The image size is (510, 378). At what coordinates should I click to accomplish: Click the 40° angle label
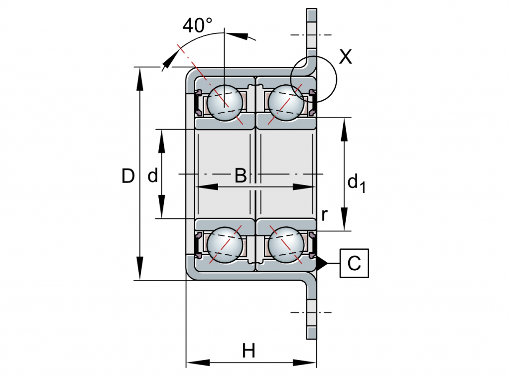click(x=197, y=25)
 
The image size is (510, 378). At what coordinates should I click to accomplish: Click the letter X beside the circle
click(x=345, y=57)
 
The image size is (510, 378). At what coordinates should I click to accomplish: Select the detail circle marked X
click(x=314, y=79)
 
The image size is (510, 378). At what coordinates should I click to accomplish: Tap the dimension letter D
click(x=128, y=176)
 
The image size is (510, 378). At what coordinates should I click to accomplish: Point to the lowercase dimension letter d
click(x=153, y=176)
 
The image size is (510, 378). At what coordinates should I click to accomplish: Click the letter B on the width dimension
click(x=241, y=176)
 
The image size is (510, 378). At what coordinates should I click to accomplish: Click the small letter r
click(x=324, y=215)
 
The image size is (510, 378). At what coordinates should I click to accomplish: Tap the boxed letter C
click(x=354, y=263)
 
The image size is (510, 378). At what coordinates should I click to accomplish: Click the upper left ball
click(x=225, y=103)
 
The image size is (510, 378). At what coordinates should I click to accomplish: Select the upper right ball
click(x=285, y=102)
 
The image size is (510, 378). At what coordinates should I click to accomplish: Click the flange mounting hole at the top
click(x=311, y=35)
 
